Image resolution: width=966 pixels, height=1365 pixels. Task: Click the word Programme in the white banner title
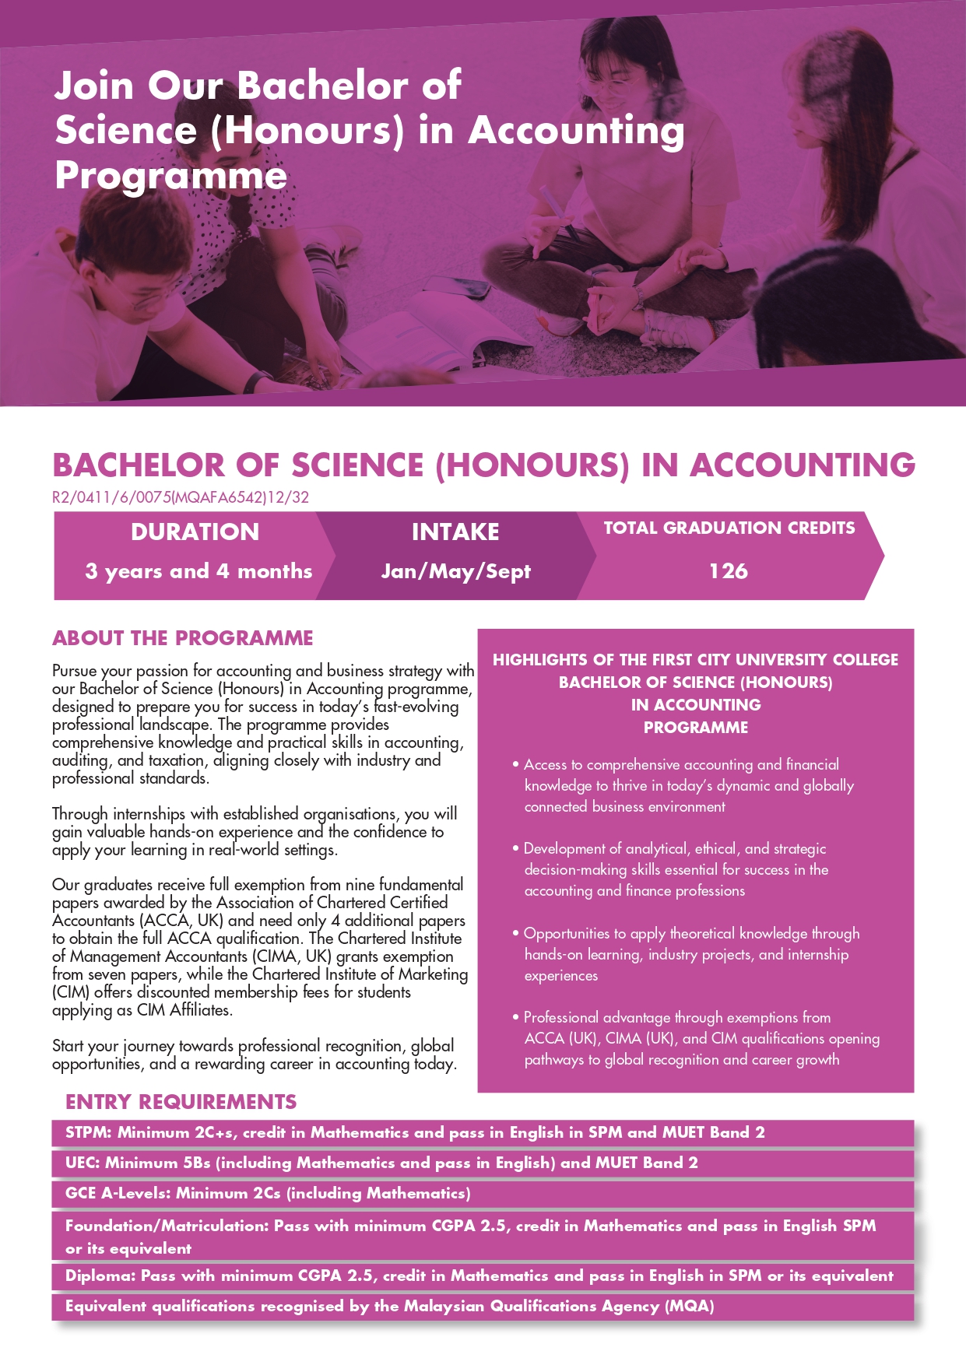pos(171,176)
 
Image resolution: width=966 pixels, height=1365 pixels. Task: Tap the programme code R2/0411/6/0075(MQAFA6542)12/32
pos(181,497)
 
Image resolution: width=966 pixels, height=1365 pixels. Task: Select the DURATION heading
pos(195,532)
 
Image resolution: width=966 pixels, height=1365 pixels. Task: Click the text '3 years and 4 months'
pos(198,571)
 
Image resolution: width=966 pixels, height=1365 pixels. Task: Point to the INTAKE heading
pos(455,532)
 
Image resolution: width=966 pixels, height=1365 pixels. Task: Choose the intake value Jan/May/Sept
pos(455,571)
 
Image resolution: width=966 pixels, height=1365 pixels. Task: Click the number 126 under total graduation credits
pos(728,571)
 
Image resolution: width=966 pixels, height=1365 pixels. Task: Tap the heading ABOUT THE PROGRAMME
pos(182,638)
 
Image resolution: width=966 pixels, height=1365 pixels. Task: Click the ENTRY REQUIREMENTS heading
pos(181,1102)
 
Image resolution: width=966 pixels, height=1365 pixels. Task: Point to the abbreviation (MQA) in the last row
pos(689,1307)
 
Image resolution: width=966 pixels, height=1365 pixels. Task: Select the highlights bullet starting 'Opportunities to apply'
pos(689,954)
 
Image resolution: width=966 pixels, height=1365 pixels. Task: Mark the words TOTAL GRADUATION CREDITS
pos(729,528)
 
